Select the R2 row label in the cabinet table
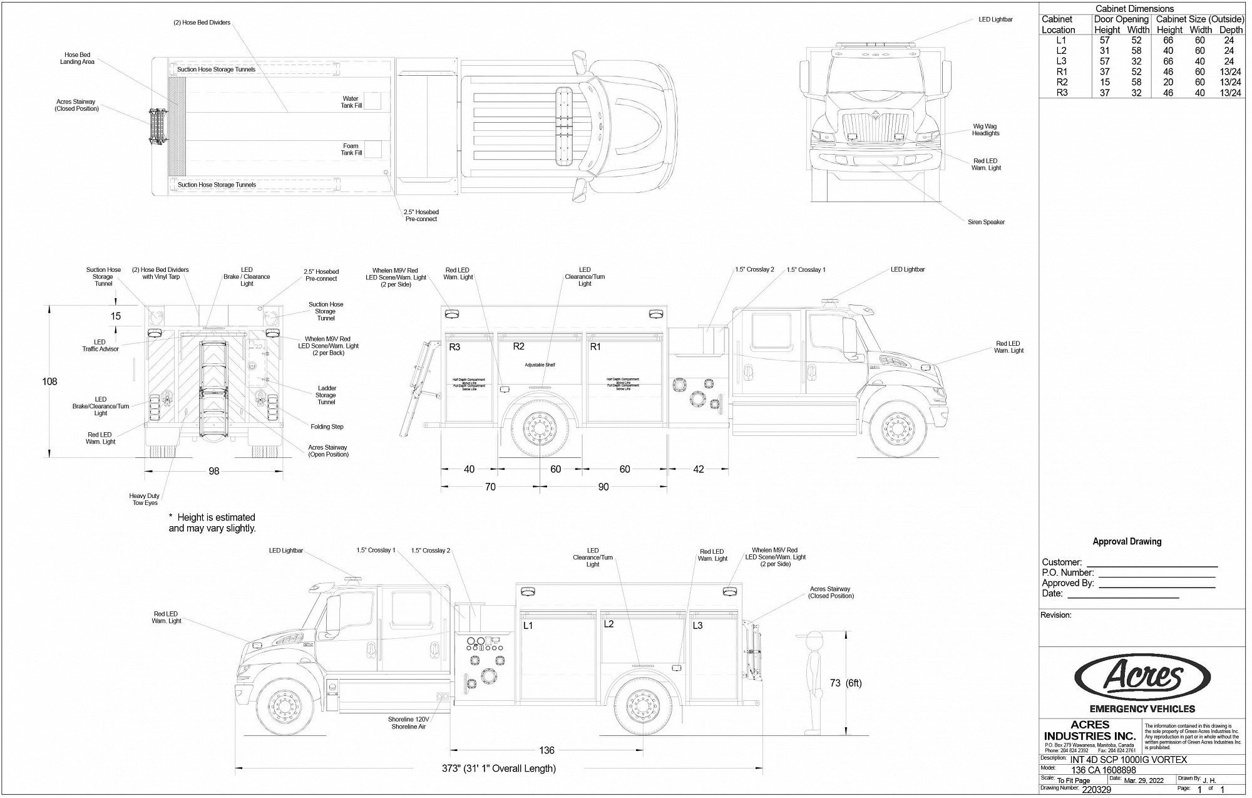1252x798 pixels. point(1062,82)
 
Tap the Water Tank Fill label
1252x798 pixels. point(351,102)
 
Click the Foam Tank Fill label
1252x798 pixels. point(351,150)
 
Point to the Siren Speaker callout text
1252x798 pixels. point(986,222)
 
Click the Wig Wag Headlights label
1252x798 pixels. point(985,130)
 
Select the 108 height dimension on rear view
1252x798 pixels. point(49,381)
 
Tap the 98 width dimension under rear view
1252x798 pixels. point(214,471)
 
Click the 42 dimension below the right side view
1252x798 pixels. point(699,469)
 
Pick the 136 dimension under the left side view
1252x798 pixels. point(546,750)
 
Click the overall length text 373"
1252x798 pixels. point(498,769)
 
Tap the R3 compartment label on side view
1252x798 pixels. point(455,347)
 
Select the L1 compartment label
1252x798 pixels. point(528,625)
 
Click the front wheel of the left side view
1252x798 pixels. point(285,706)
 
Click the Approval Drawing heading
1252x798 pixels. point(1127,542)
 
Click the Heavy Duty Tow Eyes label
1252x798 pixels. point(145,499)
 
